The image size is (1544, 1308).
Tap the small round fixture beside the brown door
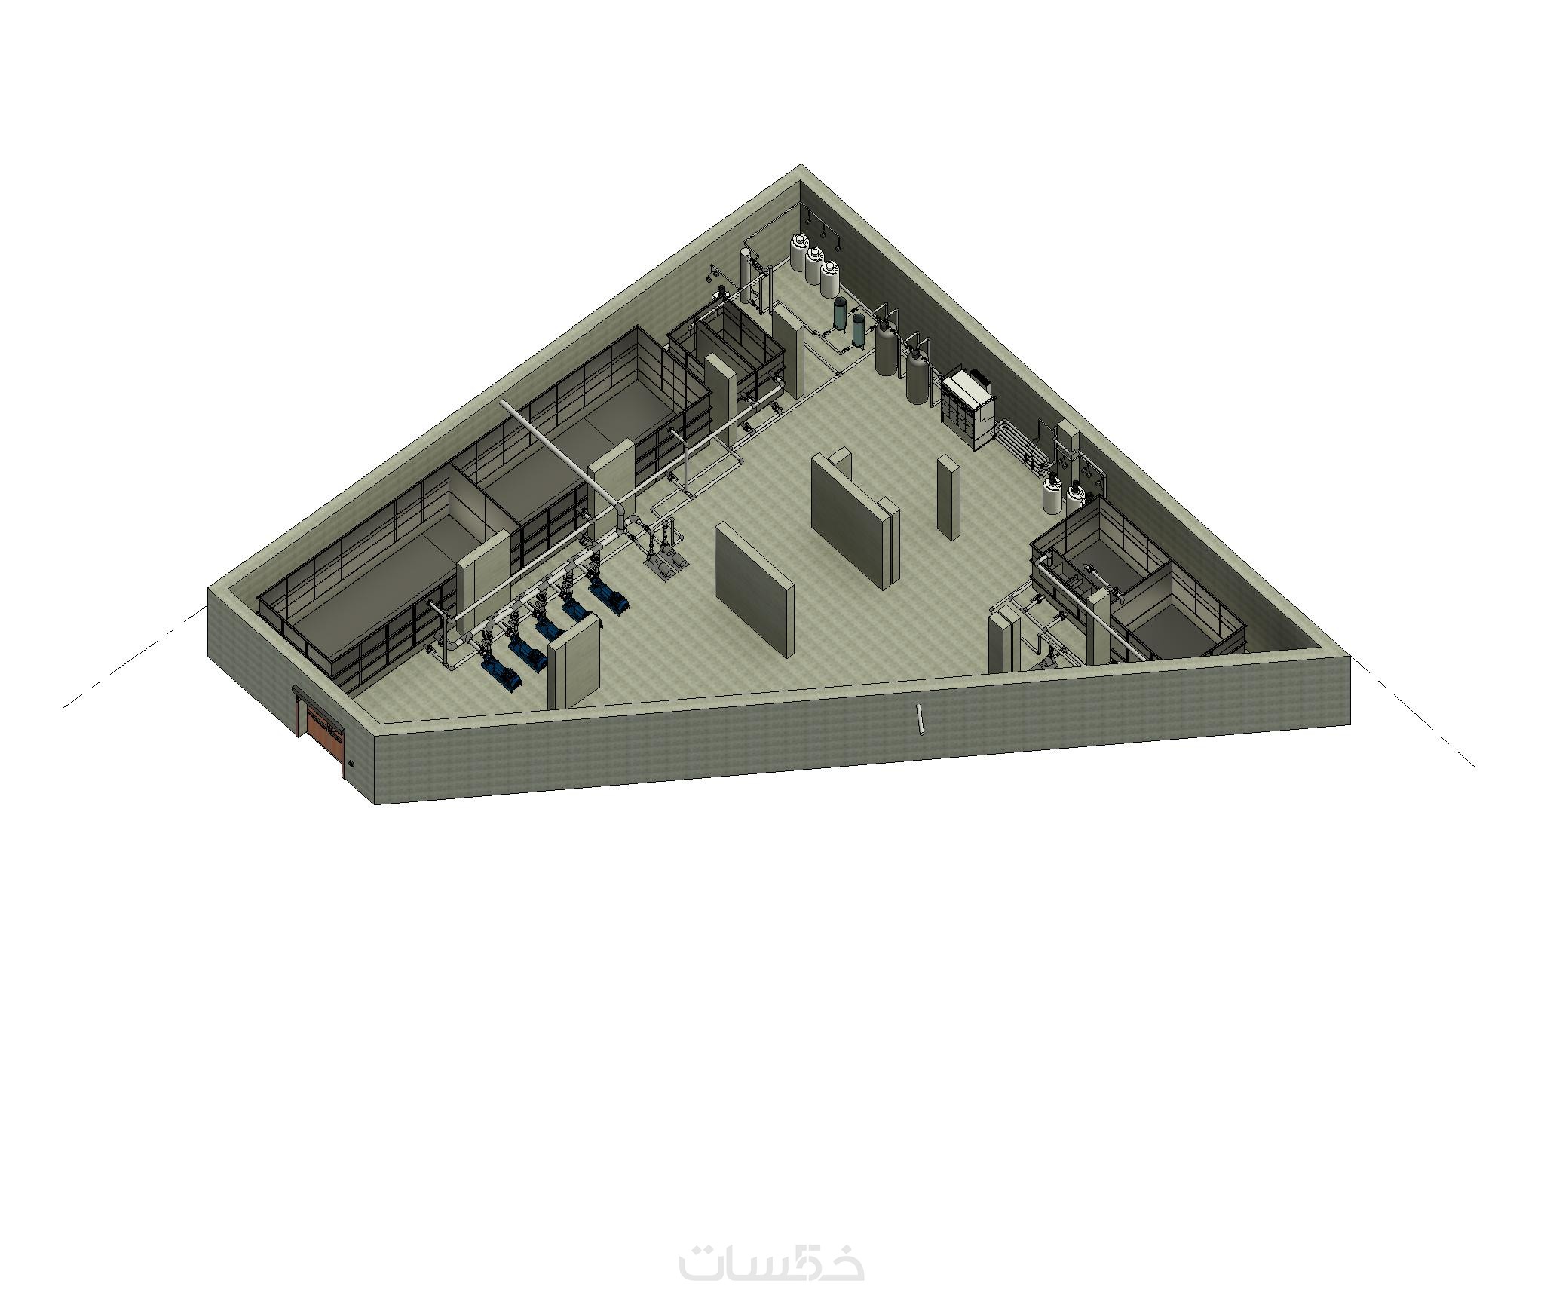(x=351, y=764)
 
